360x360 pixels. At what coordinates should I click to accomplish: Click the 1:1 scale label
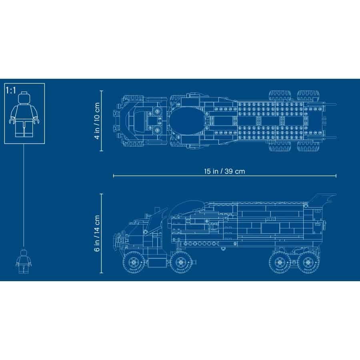(x=11, y=90)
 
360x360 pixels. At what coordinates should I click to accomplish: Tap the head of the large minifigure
(x=24, y=98)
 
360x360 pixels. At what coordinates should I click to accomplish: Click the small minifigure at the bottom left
(x=24, y=262)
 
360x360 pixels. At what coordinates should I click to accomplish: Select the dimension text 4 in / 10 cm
(x=97, y=121)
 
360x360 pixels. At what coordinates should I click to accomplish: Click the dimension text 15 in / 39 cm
(x=224, y=171)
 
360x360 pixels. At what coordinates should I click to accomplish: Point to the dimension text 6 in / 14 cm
(x=97, y=233)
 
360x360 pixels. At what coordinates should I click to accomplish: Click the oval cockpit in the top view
(x=187, y=121)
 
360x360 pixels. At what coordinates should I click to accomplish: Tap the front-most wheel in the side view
(x=134, y=262)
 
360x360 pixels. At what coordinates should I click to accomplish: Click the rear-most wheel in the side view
(x=308, y=262)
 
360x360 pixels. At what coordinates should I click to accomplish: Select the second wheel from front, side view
(x=181, y=262)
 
